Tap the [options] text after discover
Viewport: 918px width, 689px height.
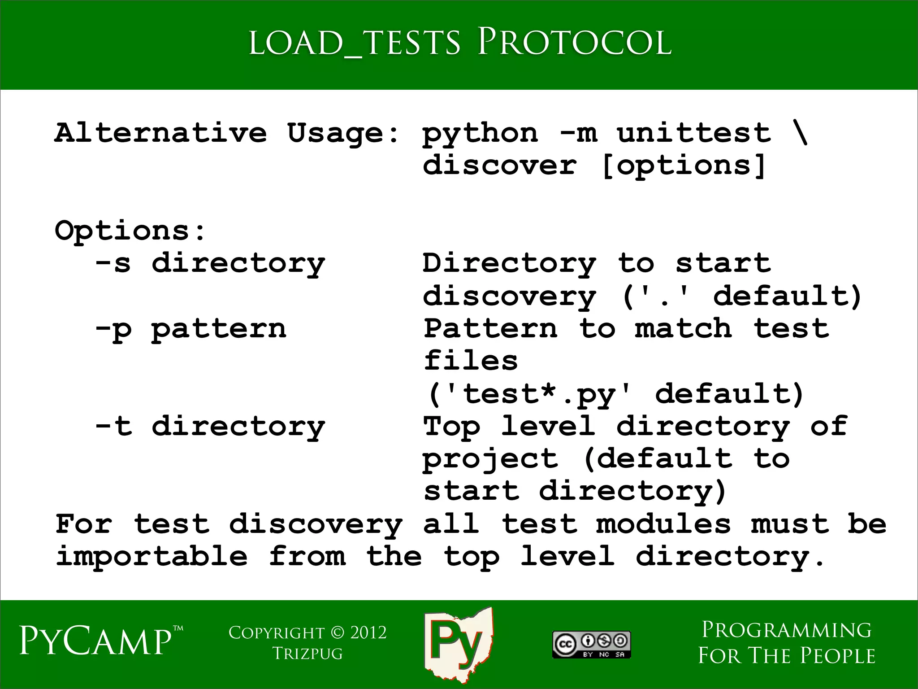tap(683, 166)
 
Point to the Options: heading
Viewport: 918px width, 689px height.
tap(130, 231)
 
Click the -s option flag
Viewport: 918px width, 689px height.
tap(113, 263)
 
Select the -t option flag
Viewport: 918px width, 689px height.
tap(114, 426)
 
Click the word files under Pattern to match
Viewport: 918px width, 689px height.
tap(471, 361)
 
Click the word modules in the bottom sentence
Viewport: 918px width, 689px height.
tap(663, 524)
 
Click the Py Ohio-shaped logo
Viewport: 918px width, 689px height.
tap(458, 644)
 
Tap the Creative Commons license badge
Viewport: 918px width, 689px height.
tap(591, 645)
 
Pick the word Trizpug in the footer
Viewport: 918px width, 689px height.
tap(307, 654)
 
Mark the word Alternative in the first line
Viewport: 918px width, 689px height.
tap(160, 133)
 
